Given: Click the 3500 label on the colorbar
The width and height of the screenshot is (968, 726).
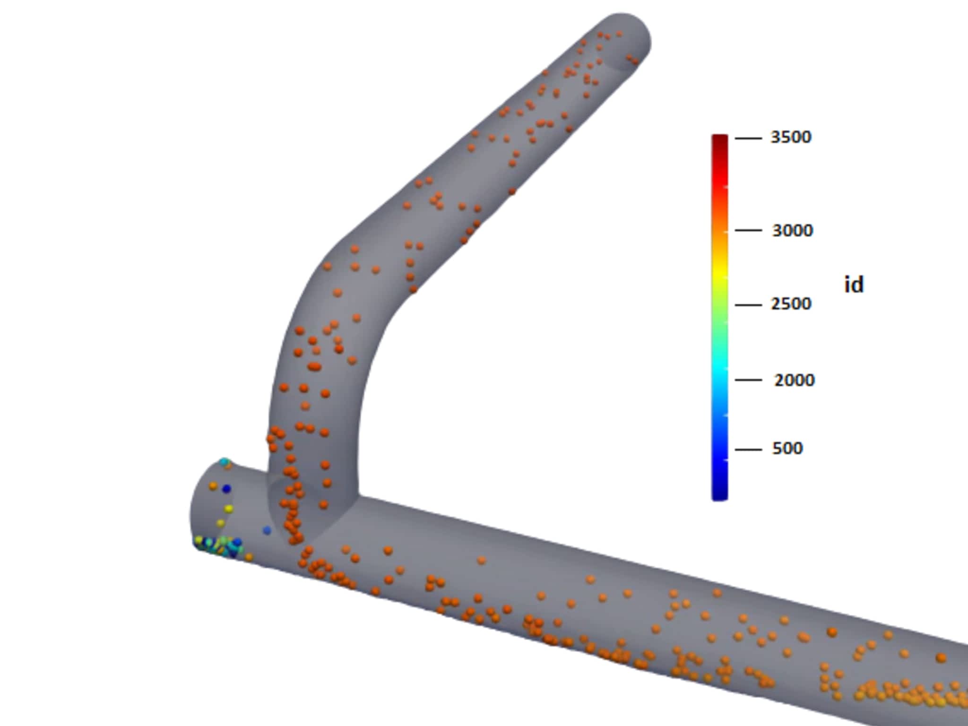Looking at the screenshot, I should coord(791,137).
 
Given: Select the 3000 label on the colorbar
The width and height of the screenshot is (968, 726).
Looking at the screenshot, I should coord(792,231).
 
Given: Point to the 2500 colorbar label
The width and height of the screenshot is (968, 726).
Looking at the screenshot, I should coord(791,304).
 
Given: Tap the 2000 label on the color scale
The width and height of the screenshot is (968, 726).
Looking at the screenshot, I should coord(794,380).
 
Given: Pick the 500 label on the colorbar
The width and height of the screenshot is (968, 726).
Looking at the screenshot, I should coord(787,449).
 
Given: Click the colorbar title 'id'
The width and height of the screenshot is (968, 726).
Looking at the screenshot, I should coord(854,285).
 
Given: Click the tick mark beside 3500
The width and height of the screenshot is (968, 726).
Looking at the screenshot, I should coord(748,138).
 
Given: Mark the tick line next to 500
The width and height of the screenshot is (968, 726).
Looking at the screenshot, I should coord(748,449).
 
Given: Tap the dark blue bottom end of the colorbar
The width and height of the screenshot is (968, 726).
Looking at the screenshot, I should coord(719,494).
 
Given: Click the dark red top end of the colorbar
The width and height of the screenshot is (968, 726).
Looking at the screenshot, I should coord(719,139).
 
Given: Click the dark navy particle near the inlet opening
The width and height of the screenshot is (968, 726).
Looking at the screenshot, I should coord(226,489).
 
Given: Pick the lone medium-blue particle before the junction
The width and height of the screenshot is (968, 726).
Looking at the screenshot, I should coord(267,531).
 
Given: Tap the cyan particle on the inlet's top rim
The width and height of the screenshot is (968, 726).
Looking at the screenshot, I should coord(225,461).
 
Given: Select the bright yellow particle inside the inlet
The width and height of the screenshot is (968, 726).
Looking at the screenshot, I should coord(229,509).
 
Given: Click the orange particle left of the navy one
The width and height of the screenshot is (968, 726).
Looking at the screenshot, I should coord(213,486).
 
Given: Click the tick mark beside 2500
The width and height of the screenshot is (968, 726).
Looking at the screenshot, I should coord(748,305).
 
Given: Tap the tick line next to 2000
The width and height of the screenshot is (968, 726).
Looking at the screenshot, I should coord(748,380).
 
